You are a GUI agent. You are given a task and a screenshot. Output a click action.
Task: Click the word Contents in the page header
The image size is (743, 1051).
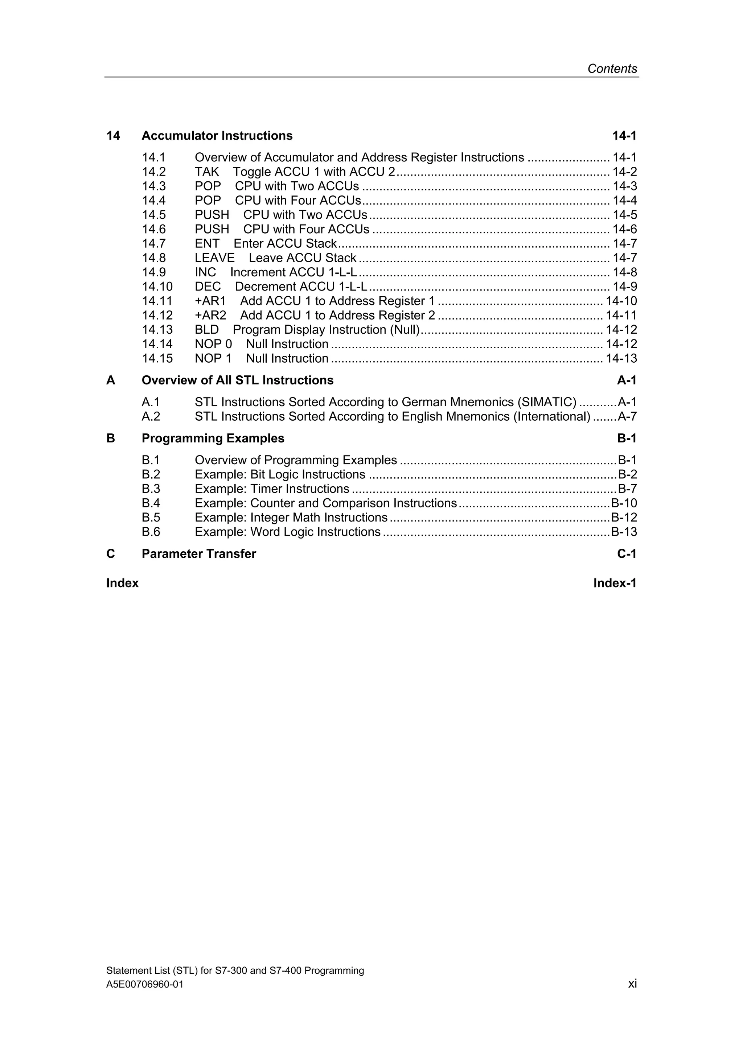click(x=612, y=69)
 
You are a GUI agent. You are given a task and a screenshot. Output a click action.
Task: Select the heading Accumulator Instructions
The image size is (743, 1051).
click(x=217, y=136)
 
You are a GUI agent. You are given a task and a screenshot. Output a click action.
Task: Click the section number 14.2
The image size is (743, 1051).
click(x=154, y=172)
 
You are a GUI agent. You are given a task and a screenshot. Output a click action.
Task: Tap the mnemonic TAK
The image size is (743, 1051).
click(x=207, y=172)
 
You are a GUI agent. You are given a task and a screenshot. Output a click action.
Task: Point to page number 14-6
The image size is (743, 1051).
click(x=624, y=229)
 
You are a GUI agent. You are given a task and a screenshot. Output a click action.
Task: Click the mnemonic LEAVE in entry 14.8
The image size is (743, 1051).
click(x=215, y=258)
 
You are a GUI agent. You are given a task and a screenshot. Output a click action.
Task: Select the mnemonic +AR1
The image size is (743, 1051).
click(x=210, y=301)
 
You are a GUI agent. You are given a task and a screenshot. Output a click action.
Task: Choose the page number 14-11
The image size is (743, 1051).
click(x=621, y=316)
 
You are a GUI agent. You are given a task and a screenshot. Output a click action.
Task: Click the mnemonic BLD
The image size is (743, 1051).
click(x=206, y=330)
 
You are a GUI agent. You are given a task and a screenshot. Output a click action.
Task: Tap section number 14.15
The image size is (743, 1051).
click(x=157, y=358)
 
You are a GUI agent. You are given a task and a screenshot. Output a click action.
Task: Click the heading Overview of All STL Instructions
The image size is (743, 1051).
click(x=238, y=380)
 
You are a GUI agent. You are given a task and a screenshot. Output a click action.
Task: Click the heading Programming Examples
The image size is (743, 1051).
click(x=213, y=438)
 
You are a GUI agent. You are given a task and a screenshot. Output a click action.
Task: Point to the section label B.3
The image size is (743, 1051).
click(x=151, y=489)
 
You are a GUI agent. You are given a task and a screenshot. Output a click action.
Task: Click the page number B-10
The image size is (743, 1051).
click(x=624, y=503)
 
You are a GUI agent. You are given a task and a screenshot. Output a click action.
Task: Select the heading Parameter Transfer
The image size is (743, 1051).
click(x=199, y=554)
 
